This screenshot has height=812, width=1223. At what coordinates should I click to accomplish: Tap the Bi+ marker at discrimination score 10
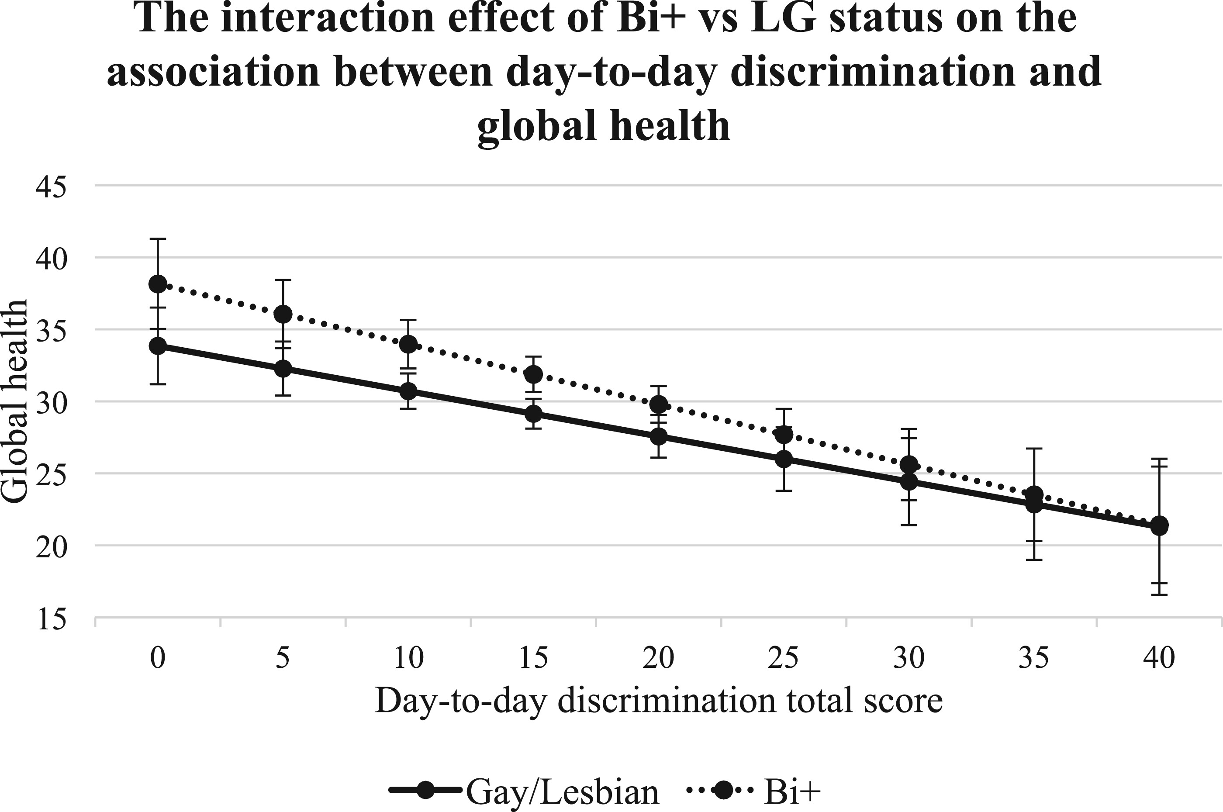tap(408, 344)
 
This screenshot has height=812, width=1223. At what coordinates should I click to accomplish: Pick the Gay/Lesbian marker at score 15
tap(534, 414)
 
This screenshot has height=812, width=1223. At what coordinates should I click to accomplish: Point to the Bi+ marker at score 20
tap(659, 404)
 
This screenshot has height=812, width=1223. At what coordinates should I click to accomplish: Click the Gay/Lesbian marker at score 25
tap(784, 459)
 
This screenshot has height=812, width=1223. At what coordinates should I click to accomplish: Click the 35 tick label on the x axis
tap(1033, 659)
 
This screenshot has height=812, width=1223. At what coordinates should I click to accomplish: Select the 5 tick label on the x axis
tap(283, 659)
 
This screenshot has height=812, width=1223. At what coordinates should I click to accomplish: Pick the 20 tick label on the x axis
tap(659, 659)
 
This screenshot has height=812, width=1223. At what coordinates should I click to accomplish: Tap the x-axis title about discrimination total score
tap(659, 701)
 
